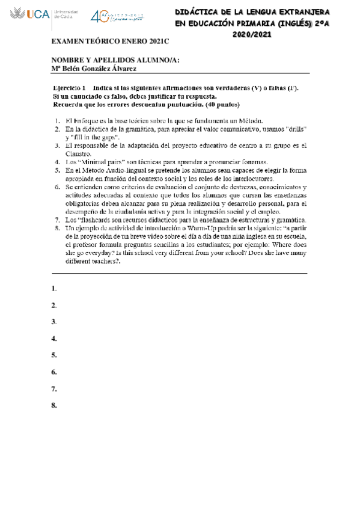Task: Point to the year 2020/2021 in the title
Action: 252,34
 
